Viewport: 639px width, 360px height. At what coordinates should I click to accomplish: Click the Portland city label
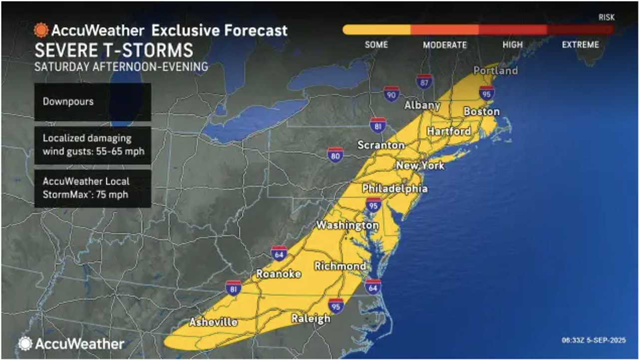click(x=495, y=70)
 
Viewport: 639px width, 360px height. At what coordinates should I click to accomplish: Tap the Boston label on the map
click(x=481, y=111)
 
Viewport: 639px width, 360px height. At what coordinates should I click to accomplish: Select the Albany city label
click(x=422, y=105)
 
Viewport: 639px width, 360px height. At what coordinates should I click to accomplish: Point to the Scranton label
click(x=380, y=145)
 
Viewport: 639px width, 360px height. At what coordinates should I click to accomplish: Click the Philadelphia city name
click(x=394, y=189)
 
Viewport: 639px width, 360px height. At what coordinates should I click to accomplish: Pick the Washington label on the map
click(x=347, y=225)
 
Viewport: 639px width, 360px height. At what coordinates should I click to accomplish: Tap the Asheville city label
click(x=213, y=322)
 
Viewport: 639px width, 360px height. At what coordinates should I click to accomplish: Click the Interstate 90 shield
click(x=391, y=93)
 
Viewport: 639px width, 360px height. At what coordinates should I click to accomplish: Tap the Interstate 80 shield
click(x=335, y=155)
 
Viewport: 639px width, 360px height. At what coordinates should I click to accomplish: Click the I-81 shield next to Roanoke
click(x=233, y=288)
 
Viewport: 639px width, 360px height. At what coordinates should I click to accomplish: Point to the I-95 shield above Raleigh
click(x=336, y=306)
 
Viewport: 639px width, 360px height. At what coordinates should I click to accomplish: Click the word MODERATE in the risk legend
click(x=444, y=44)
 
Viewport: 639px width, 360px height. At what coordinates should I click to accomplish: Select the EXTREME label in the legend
click(x=580, y=44)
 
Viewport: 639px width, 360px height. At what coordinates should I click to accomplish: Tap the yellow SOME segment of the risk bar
click(x=376, y=30)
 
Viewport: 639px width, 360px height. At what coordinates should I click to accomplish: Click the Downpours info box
click(x=92, y=102)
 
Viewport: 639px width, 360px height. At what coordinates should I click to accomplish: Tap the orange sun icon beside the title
click(x=41, y=30)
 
